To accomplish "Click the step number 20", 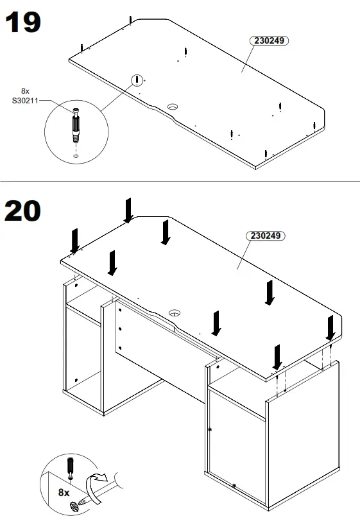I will click(x=23, y=211).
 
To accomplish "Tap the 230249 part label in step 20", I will click(x=266, y=236).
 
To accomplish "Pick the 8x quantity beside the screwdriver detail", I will click(x=64, y=492).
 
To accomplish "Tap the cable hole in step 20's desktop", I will click(x=174, y=313).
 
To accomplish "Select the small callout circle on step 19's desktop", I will click(x=136, y=80).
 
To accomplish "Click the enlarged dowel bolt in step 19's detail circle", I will click(x=76, y=127).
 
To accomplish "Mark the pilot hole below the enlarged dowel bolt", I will click(x=76, y=155).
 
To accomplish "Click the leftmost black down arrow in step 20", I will click(x=75, y=240).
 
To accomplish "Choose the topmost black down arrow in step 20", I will click(x=128, y=210).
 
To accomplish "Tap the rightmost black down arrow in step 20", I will click(x=330, y=328).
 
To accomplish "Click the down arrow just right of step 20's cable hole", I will click(x=217, y=322).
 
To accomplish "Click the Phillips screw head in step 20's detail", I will click(x=74, y=506).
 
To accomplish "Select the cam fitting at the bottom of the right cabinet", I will click(x=234, y=485).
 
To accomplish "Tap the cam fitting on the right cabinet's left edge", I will click(x=209, y=429).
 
